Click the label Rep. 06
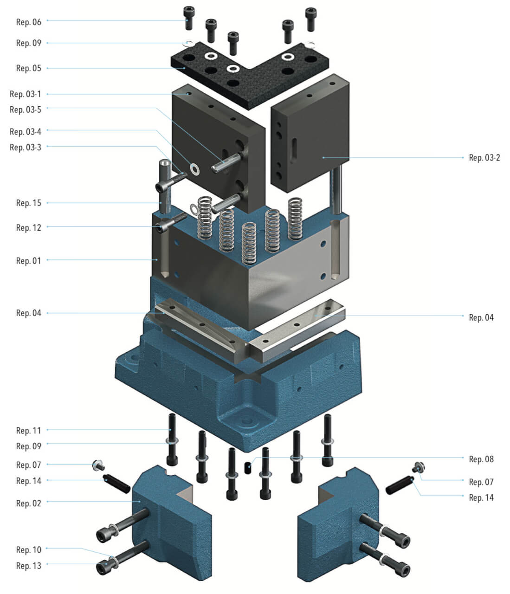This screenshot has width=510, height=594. click(x=28, y=22)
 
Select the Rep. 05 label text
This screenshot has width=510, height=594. click(x=28, y=68)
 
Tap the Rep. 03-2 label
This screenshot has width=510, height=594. click(x=484, y=158)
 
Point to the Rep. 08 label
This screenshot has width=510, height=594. click(x=481, y=459)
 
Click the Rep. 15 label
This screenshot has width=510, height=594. click(x=28, y=203)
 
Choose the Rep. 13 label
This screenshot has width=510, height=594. click(x=28, y=566)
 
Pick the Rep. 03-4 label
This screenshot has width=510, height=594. click(x=25, y=132)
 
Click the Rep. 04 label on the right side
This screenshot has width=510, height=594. click(x=481, y=317)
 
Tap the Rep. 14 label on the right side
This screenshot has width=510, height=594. click(x=481, y=497)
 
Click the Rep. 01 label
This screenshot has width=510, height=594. click(x=28, y=261)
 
